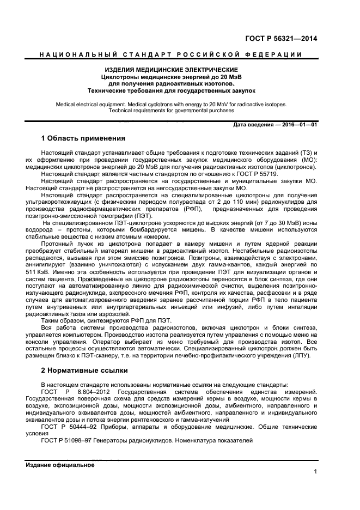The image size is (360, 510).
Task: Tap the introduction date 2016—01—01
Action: point(297,125)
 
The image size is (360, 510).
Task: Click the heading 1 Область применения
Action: point(83,138)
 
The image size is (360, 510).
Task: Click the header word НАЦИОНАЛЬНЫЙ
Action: point(60,54)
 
